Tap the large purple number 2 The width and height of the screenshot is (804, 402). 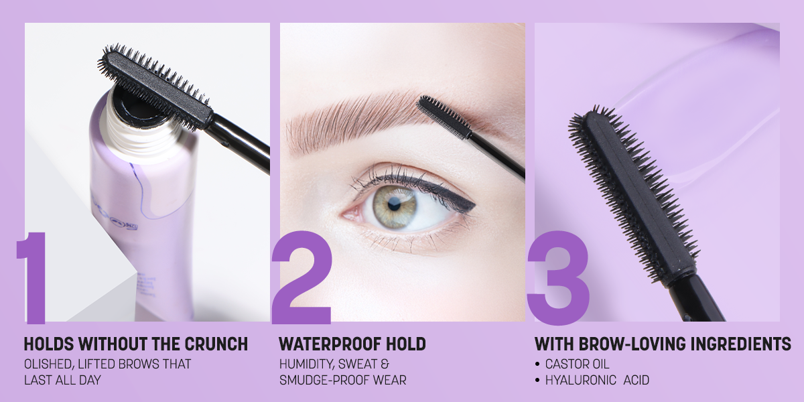pos(301,277)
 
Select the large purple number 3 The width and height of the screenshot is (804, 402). pos(558,277)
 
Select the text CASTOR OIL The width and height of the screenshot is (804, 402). pos(577,364)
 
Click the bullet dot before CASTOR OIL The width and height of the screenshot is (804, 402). pos(537,364)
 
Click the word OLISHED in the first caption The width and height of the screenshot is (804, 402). pos(49,364)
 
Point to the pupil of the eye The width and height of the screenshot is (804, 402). pos(394,204)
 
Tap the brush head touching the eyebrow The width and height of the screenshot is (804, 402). pos(444,117)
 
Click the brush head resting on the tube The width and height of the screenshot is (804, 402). pos(155,87)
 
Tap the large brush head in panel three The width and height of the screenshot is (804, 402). pos(634,194)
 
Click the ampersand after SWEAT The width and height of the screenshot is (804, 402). pos(385,364)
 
